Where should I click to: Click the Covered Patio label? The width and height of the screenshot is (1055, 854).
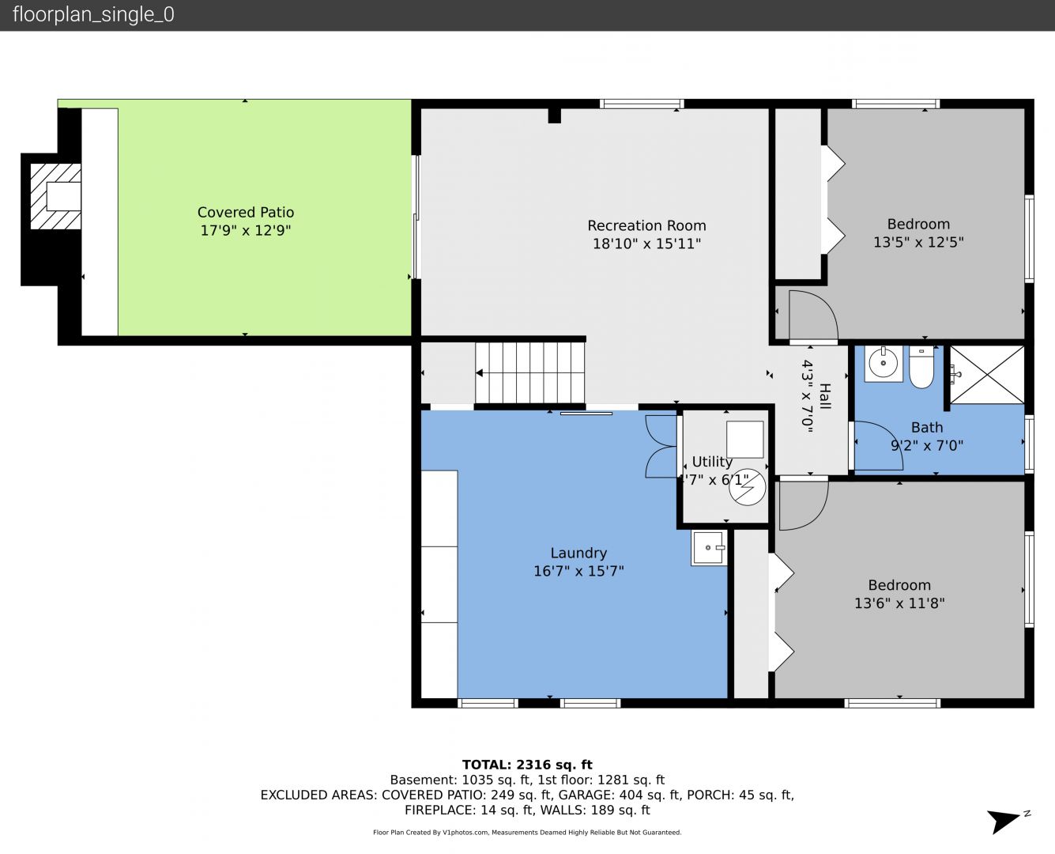point(246,213)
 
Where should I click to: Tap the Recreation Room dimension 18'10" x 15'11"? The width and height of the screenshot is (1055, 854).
point(647,244)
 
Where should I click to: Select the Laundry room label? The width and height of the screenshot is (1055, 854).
point(578,554)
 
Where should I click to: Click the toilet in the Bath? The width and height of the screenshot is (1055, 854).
point(921,367)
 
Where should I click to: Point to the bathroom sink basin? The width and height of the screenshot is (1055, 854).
point(884,363)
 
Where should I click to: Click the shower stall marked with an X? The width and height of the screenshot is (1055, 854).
point(987,375)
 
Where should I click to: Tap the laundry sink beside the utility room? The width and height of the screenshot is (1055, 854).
point(709,548)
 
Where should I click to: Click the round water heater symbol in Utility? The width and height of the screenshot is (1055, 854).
point(747,487)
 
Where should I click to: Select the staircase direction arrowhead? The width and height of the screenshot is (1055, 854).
point(479,372)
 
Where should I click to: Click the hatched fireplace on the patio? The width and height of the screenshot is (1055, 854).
point(55,197)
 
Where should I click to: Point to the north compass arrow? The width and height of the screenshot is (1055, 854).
point(1003,822)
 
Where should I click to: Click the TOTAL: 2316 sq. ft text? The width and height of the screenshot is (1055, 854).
point(527,765)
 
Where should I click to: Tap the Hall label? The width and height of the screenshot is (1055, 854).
point(825,396)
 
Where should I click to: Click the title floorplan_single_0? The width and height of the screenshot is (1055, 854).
point(93,14)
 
